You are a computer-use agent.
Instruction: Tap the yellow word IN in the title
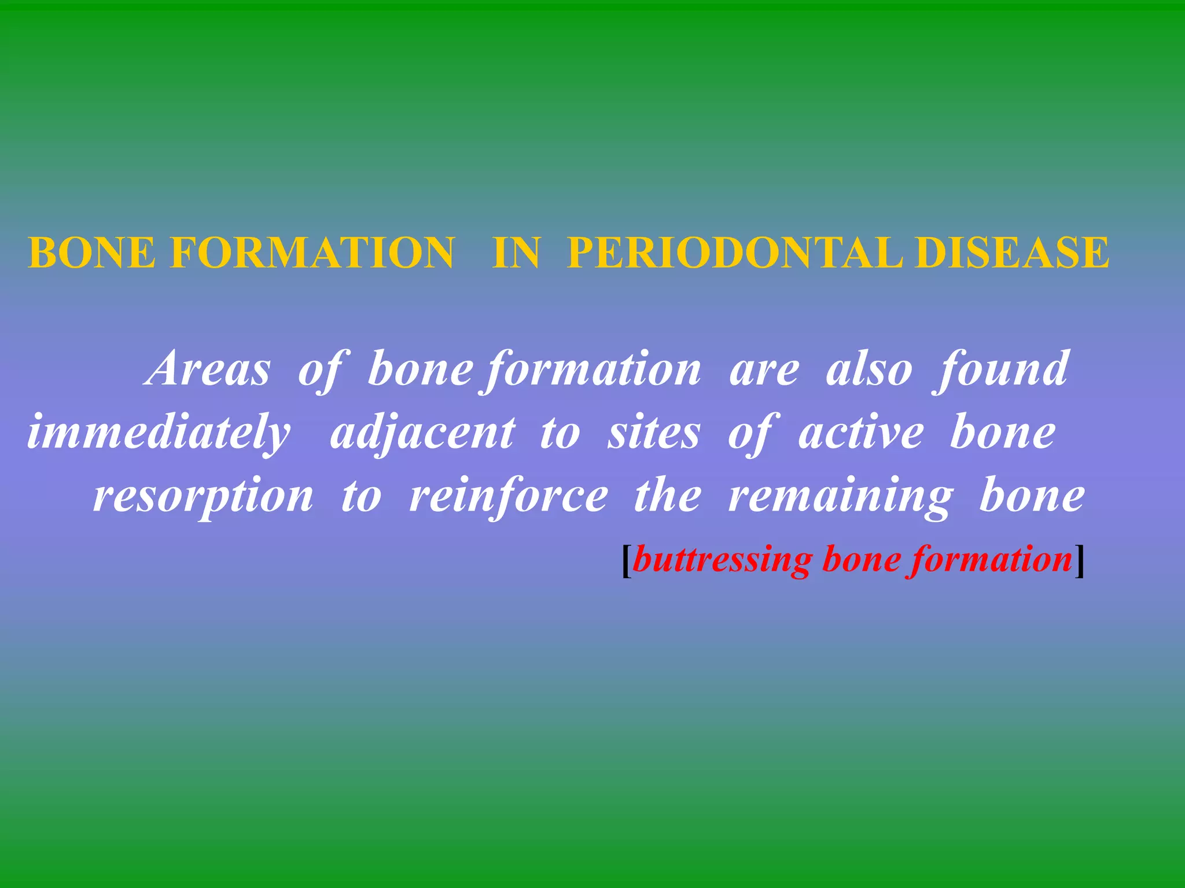(x=516, y=253)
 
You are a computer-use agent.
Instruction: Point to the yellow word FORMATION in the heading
(x=312, y=253)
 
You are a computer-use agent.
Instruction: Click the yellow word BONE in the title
(x=92, y=253)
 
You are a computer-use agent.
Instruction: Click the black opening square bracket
(x=626, y=561)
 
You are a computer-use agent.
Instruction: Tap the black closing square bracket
(x=1079, y=561)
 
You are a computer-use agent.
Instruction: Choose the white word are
(x=764, y=370)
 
